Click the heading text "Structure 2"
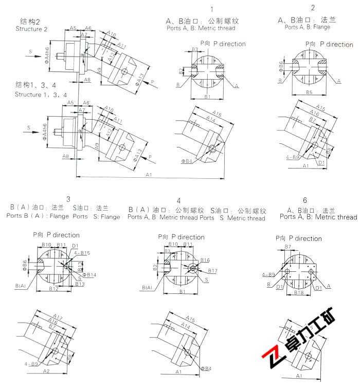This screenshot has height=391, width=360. (x=31, y=29)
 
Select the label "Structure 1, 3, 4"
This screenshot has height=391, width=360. (x=41, y=95)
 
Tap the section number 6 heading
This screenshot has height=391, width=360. (x=305, y=200)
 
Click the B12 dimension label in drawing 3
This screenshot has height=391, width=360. (x=53, y=289)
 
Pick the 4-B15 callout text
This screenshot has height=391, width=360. (x=82, y=253)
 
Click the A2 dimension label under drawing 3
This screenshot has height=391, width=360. (x=46, y=371)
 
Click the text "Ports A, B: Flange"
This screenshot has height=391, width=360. (x=307, y=27)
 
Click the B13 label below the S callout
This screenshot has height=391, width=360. (x=80, y=284)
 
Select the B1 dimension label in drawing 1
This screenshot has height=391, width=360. (x=207, y=97)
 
